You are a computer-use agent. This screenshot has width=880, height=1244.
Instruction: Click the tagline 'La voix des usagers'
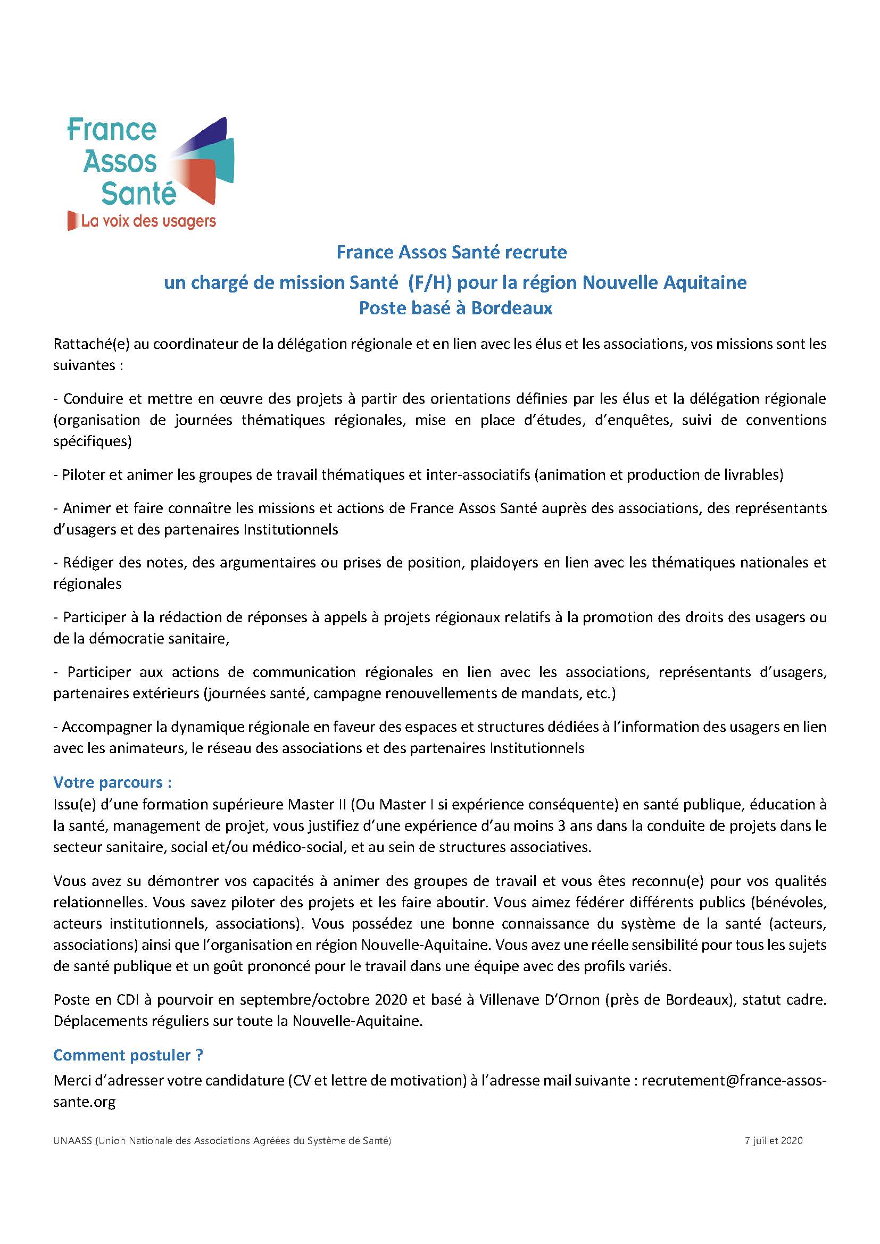coord(148,221)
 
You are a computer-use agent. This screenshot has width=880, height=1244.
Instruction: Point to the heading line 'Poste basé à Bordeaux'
coord(455,308)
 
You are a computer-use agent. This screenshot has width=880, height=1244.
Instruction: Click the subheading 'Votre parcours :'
coord(112,782)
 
